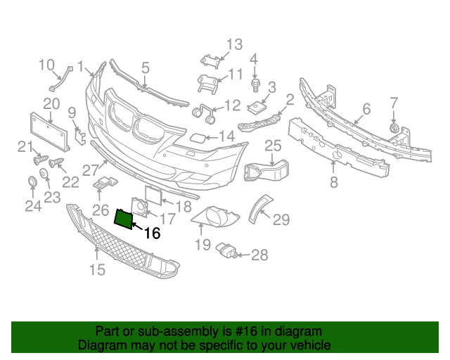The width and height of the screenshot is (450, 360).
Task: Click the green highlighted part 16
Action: click(124, 219)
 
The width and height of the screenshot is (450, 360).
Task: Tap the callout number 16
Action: click(151, 233)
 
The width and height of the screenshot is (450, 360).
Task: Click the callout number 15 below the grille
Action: click(97, 269)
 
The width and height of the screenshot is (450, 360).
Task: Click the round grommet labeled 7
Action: click(394, 129)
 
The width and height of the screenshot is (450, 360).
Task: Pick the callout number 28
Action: click(259, 255)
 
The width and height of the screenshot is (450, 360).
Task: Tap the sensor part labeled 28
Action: click(227, 250)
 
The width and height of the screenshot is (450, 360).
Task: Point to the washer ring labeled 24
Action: click(32, 184)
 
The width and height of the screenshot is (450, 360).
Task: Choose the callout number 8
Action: click(333, 183)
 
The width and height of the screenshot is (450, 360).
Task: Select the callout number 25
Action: click(273, 146)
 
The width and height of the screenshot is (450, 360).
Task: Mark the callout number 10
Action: click(46, 65)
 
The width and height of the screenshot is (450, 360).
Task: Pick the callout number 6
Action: click(366, 109)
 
